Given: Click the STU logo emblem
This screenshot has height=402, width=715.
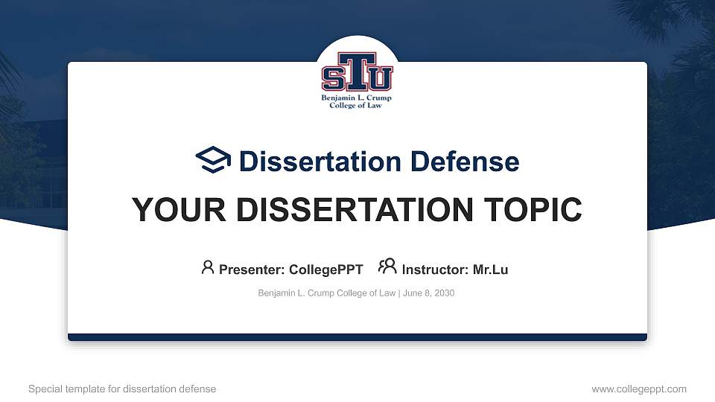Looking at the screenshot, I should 357,73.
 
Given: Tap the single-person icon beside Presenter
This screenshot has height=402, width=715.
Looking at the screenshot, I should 208,267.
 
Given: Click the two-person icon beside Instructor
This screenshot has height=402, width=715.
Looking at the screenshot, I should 387,267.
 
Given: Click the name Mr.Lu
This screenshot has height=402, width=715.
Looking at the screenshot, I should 490,269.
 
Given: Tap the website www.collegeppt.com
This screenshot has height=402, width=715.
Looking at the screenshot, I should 639,389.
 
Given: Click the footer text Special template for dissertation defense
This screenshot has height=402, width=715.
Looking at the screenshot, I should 122,389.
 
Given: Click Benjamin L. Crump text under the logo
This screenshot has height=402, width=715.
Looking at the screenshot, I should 356,98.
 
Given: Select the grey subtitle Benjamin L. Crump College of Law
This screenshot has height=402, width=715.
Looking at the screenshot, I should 326,293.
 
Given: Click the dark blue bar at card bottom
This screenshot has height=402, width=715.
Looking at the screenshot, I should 357,337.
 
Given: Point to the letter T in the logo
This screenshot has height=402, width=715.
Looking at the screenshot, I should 357,67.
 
